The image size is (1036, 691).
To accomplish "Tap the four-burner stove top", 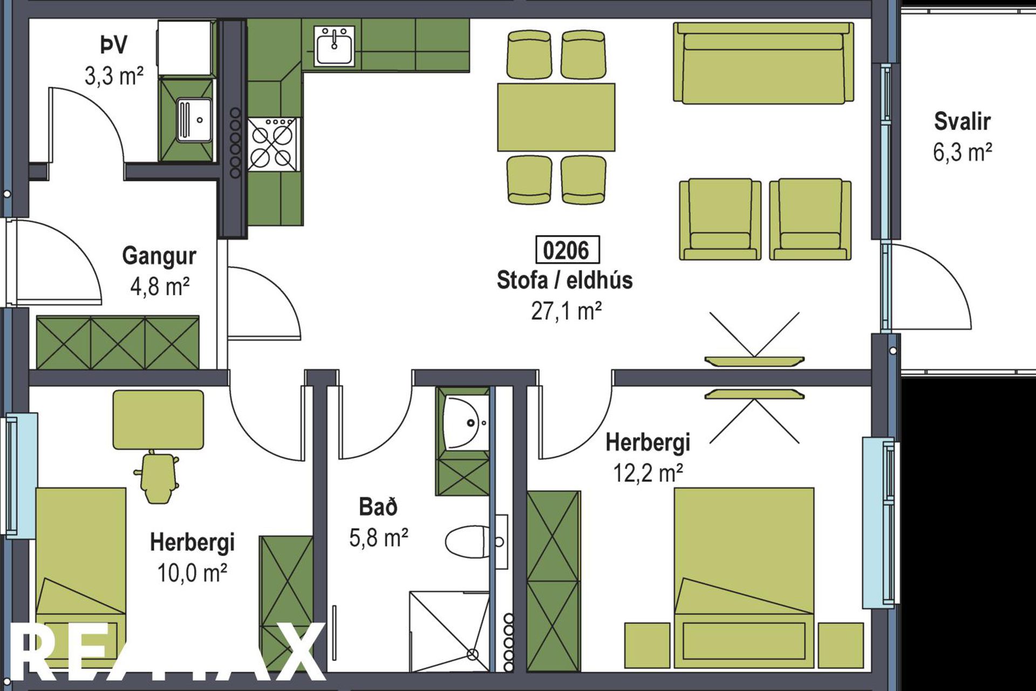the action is (273, 144).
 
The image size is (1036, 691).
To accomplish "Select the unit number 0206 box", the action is (567, 250).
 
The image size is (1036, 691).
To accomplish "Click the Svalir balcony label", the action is (962, 121).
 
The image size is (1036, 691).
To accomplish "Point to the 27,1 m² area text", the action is (566, 311).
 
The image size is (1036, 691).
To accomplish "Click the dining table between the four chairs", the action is (556, 117).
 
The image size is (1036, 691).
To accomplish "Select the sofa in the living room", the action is (763, 63).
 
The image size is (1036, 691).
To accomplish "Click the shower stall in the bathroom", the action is (449, 632).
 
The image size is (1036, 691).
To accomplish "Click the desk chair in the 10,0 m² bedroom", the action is (157, 477).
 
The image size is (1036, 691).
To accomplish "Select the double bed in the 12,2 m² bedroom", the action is (744, 579).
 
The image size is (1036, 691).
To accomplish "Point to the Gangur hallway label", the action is (159, 256).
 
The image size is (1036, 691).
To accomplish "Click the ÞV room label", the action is (113, 45).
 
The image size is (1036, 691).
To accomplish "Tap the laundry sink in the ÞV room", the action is (194, 119).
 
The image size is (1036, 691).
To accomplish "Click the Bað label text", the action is (378, 507).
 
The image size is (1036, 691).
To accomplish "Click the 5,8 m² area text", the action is (378, 538).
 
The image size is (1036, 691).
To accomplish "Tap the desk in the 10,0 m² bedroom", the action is (158, 420).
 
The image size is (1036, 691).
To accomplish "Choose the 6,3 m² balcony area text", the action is (963, 152).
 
